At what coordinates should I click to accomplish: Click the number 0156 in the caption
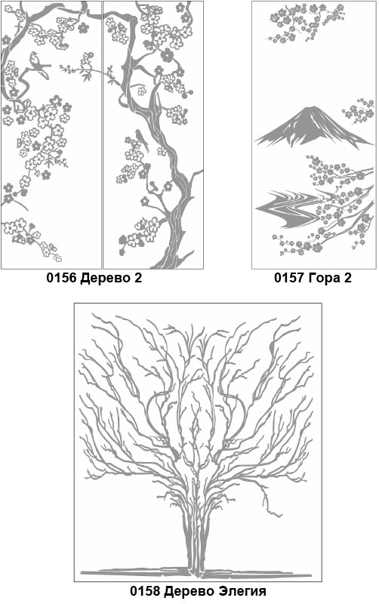click(62, 278)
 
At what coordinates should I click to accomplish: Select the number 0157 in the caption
click(289, 278)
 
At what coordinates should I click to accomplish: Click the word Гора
click(325, 279)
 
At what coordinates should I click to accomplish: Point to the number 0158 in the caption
click(145, 590)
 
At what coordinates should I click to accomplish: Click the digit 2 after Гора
click(348, 278)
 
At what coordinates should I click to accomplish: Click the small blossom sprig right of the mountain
click(359, 111)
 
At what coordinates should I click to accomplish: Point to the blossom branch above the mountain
click(304, 23)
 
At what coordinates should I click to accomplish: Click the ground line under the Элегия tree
click(196, 573)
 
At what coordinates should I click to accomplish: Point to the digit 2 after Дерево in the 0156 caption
click(138, 278)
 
